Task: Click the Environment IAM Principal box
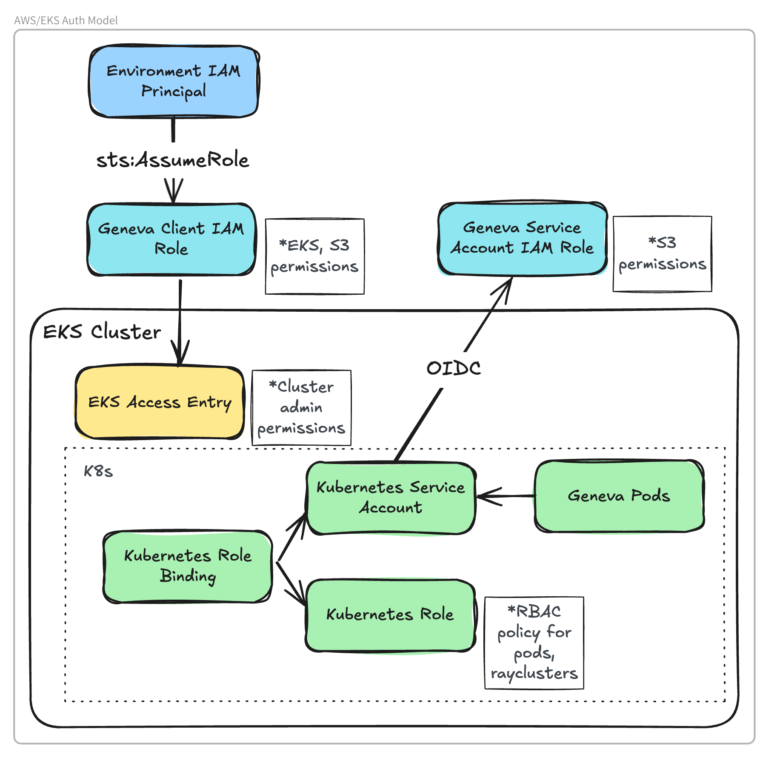(x=174, y=81)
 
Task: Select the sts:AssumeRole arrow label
(x=173, y=160)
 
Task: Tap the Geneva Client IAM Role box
(x=171, y=239)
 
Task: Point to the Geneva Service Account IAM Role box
(x=522, y=238)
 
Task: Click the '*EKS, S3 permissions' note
(x=314, y=256)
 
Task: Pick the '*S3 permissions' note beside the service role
(x=662, y=254)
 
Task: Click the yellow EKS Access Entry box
(x=160, y=402)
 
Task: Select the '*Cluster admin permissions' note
(x=301, y=407)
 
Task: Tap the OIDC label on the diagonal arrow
(x=454, y=368)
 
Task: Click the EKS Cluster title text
(x=102, y=332)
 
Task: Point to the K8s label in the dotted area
(x=98, y=471)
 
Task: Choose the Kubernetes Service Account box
(x=391, y=498)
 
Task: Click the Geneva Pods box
(x=619, y=496)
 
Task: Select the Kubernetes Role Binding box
(x=188, y=566)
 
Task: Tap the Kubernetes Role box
(x=390, y=615)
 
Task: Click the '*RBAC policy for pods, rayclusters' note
(x=534, y=642)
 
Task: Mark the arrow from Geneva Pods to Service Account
(x=506, y=496)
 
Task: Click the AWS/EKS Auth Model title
(x=66, y=20)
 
